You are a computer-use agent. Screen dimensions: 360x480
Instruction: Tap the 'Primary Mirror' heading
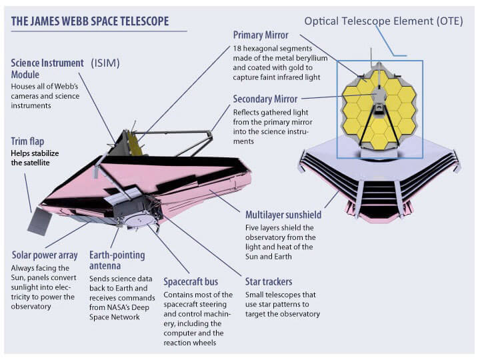coord(261,34)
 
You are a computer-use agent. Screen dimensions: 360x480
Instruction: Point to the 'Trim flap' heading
coord(29,141)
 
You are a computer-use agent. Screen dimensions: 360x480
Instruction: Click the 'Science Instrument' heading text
coord(47,63)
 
